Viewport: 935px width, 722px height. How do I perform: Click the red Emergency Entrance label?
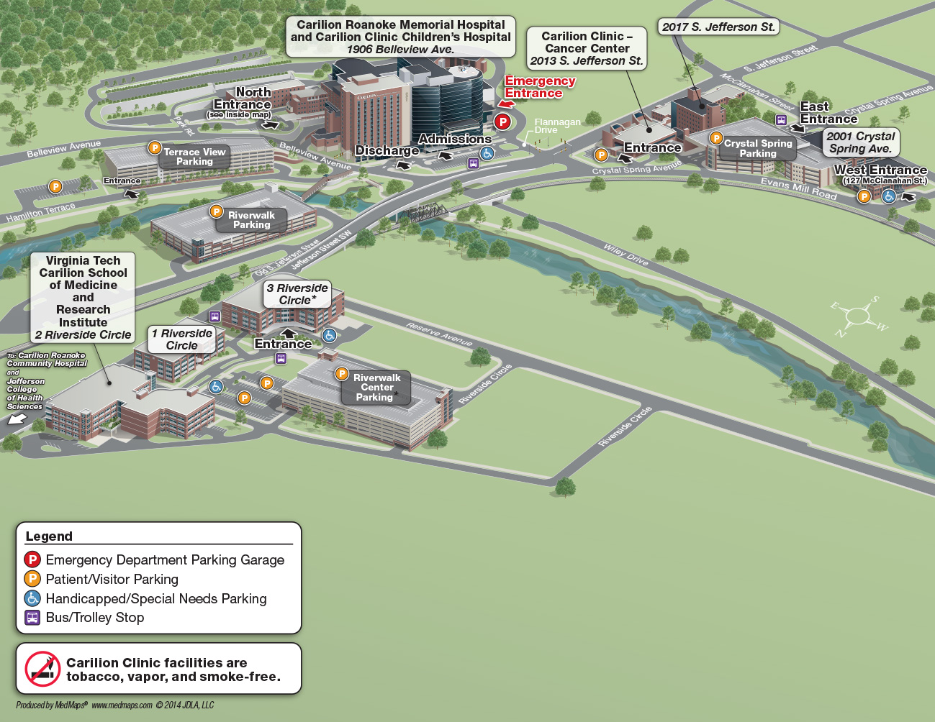[x=540, y=87]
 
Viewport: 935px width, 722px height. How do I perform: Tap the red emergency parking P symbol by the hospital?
[x=502, y=122]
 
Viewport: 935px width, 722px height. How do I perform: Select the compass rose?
[x=858, y=316]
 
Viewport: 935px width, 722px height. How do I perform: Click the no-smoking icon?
[x=42, y=669]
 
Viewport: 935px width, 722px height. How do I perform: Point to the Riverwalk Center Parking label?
[x=376, y=388]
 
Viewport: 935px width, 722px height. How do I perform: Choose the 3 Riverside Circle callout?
[x=297, y=294]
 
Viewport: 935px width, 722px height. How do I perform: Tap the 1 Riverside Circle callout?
[x=182, y=339]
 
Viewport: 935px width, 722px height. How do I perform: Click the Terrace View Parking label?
[x=194, y=157]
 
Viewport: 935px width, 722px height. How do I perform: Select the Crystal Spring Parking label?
[x=757, y=148]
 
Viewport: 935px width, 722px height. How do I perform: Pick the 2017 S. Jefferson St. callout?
[x=718, y=27]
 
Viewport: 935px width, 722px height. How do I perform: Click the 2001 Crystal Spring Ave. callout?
[x=860, y=142]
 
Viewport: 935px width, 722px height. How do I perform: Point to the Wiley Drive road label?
[x=625, y=255]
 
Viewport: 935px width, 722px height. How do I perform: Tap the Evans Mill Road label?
[x=798, y=188]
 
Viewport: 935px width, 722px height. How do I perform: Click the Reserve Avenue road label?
[x=439, y=334]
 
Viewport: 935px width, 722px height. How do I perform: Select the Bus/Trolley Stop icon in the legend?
[x=32, y=618]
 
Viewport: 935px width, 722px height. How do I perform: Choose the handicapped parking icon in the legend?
[x=32, y=598]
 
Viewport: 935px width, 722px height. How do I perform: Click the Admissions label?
[x=455, y=139]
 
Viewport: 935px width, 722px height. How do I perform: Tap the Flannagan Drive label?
[x=556, y=126]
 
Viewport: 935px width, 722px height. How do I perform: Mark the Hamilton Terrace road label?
[x=40, y=212]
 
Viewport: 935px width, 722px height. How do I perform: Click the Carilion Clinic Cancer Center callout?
[x=586, y=48]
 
